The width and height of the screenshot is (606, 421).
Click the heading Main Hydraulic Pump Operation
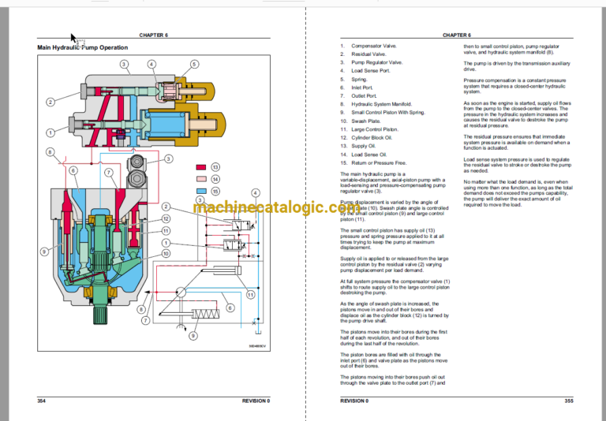pos(82,48)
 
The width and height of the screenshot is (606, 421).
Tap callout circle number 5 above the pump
pos(194,64)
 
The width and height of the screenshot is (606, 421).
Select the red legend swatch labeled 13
pos(201,168)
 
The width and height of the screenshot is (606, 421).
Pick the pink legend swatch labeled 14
pos(201,180)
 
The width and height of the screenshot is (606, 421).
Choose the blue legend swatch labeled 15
pos(201,192)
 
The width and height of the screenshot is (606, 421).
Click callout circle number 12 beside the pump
pos(166,218)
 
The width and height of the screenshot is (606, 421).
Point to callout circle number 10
pos(166,254)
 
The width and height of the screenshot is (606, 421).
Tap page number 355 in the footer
pos(568,401)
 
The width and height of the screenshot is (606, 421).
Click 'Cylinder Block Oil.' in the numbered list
pos(373,137)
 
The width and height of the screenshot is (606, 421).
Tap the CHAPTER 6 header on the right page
pos(456,35)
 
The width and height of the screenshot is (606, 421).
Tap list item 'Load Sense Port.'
pos(368,71)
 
